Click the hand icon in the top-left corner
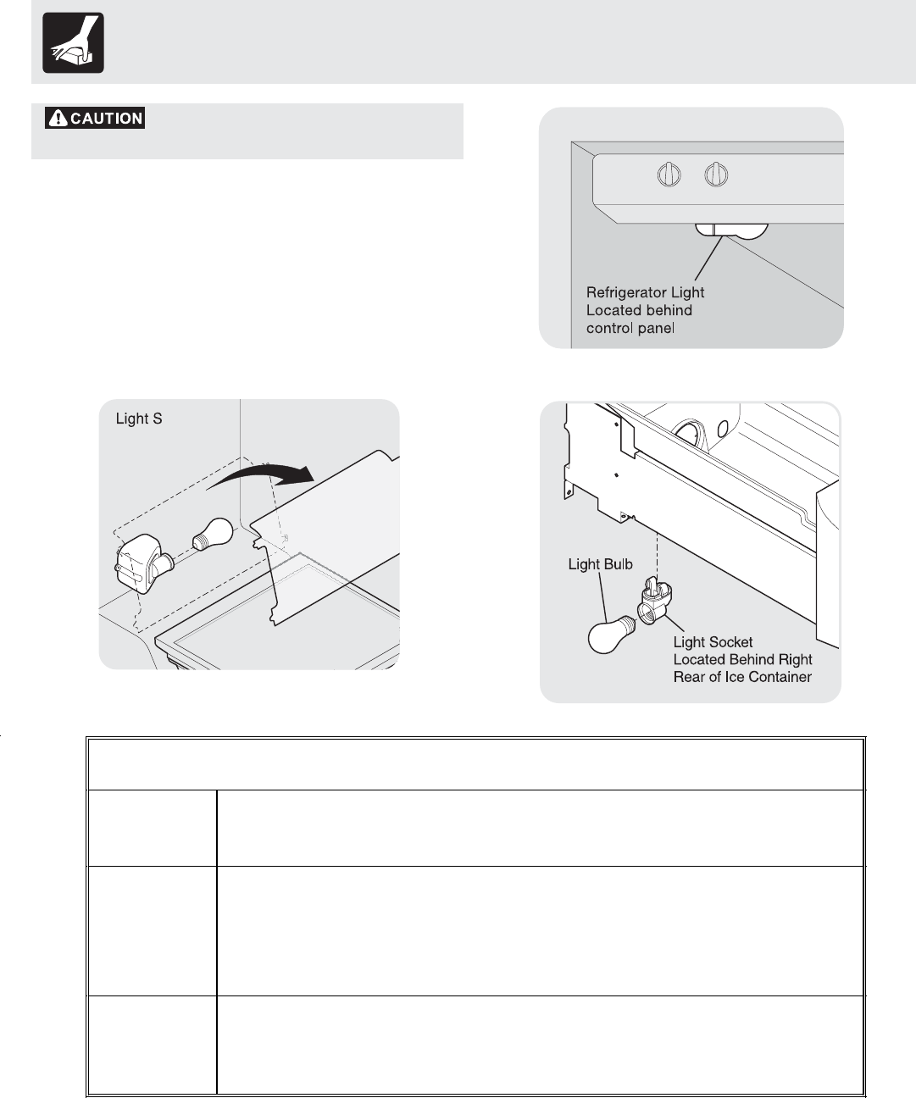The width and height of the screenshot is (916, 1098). tap(73, 42)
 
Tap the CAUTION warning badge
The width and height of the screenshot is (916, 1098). tap(95, 119)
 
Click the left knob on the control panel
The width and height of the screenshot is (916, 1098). tap(669, 175)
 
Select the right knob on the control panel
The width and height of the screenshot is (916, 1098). tap(717, 175)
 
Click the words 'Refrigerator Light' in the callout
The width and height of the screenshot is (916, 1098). tap(645, 292)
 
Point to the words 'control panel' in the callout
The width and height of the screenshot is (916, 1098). tap(630, 328)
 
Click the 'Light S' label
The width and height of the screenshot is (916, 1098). tap(139, 419)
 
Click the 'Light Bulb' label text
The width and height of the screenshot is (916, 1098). tap(600, 564)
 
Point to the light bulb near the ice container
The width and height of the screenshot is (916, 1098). tap(609, 635)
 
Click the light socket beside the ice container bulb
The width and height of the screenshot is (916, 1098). tap(655, 602)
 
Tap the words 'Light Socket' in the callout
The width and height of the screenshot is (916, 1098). tap(713, 642)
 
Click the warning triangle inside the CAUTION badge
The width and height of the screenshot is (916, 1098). tap(58, 119)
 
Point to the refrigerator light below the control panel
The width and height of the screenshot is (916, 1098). tap(730, 230)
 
